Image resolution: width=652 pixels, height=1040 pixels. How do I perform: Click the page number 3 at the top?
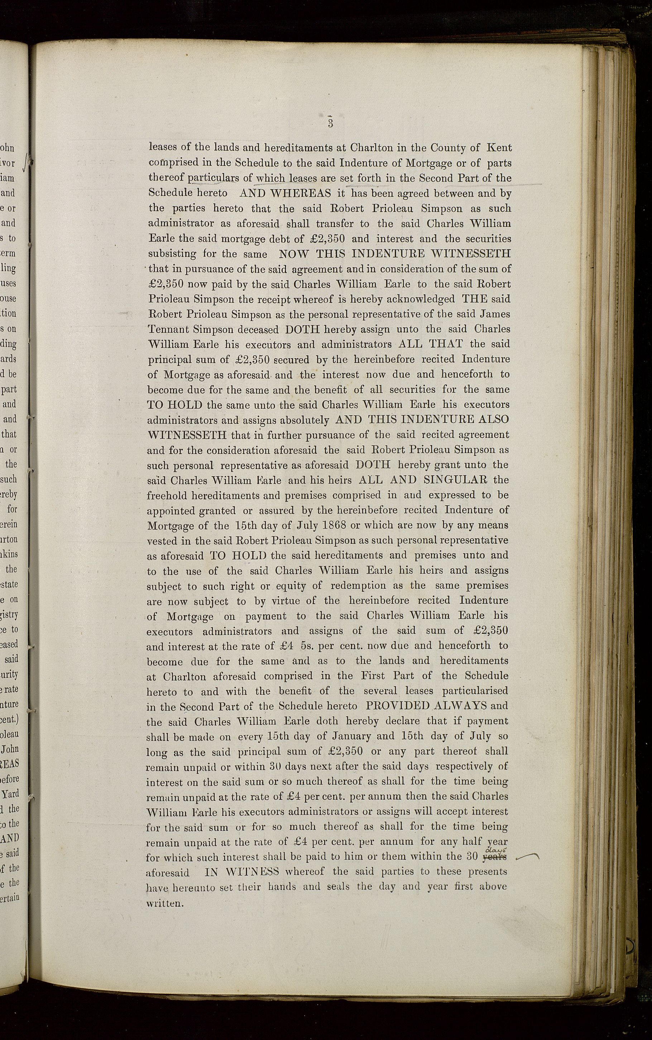click(x=330, y=123)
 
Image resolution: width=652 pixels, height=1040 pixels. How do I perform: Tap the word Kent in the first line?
click(x=499, y=148)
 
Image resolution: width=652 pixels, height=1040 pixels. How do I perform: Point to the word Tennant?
click(x=168, y=330)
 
